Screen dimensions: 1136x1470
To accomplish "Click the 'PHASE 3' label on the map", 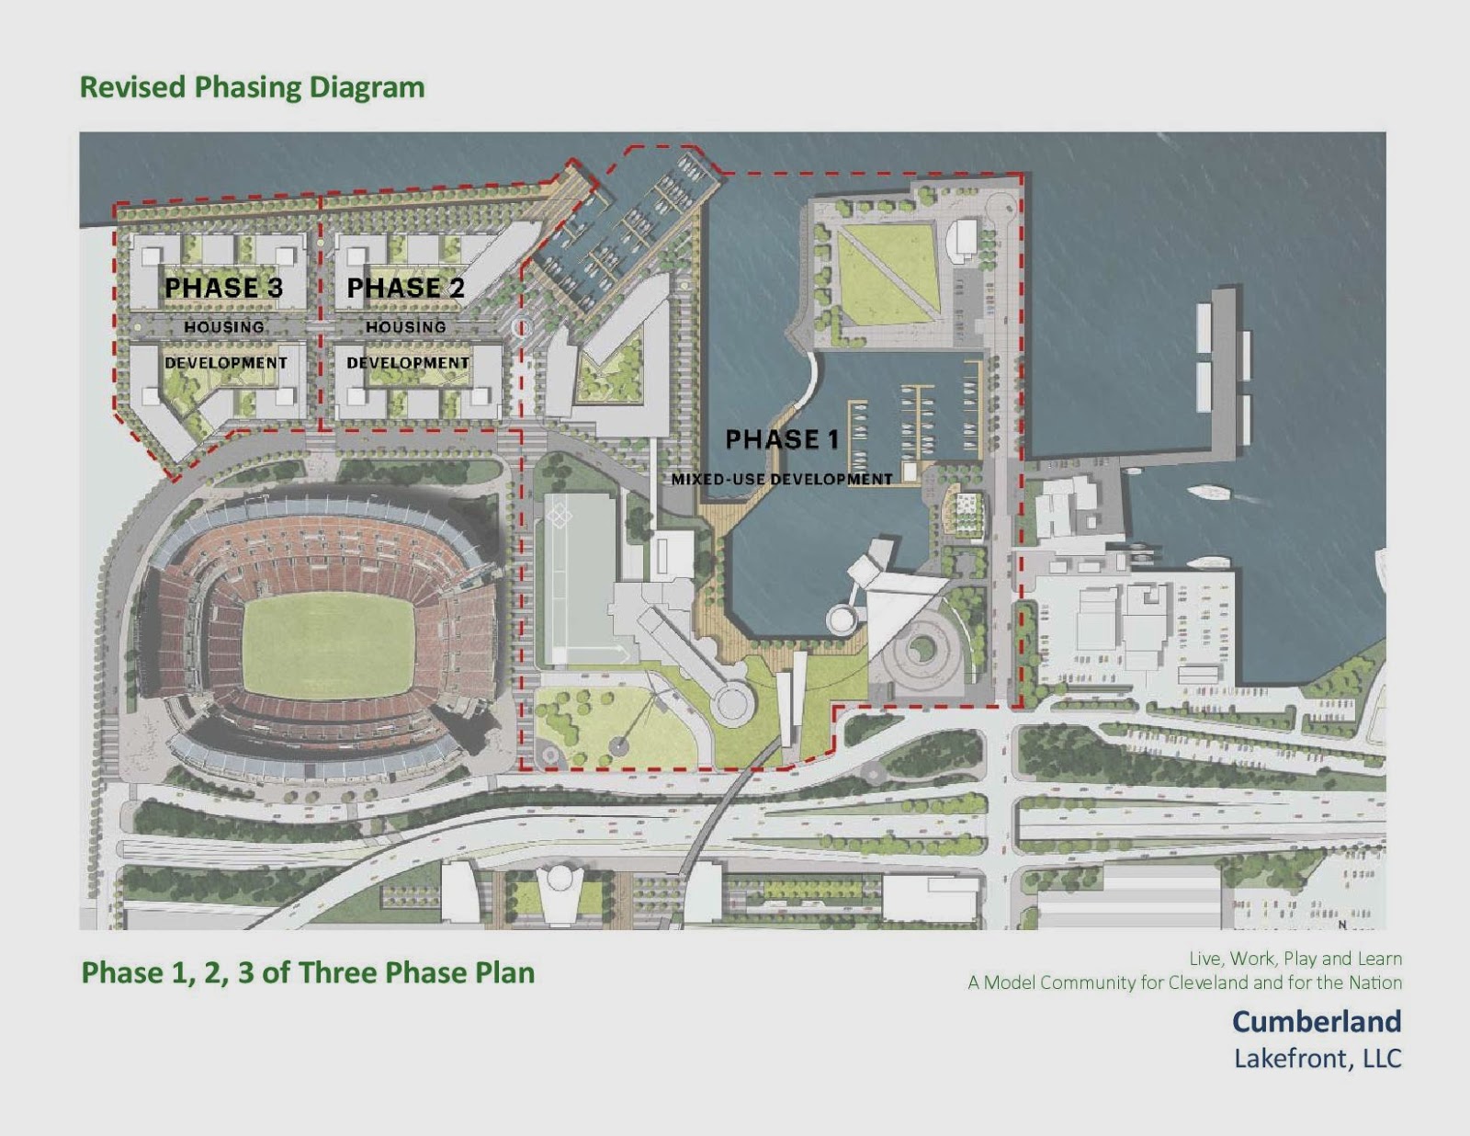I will pyautogui.click(x=223, y=288).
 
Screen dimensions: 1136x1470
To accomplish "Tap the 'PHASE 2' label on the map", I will pyautogui.click(x=405, y=288).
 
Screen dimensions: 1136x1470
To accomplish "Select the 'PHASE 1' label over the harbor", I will pyautogui.click(x=782, y=439).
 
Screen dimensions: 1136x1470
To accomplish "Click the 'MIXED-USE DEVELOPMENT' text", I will pyautogui.click(x=782, y=479).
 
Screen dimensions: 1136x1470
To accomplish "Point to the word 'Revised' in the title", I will pyautogui.click(x=133, y=87).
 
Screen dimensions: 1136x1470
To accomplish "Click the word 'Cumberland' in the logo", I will pyautogui.click(x=1316, y=1021).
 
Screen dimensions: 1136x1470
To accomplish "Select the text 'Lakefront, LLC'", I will pyautogui.click(x=1317, y=1059).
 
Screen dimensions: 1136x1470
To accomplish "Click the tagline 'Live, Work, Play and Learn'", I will pyautogui.click(x=1295, y=959).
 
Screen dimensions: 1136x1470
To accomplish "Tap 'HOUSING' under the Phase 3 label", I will pyautogui.click(x=224, y=326).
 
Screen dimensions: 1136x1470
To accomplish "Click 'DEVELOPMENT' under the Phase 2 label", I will pyautogui.click(x=407, y=363).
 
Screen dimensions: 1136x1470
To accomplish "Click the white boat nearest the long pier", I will pyautogui.click(x=1209, y=493).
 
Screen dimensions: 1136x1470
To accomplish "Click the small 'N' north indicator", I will pyautogui.click(x=1341, y=925).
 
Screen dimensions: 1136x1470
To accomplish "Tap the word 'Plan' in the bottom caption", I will pyautogui.click(x=504, y=972).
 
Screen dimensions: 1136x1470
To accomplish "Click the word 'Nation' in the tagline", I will pyautogui.click(x=1374, y=983).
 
